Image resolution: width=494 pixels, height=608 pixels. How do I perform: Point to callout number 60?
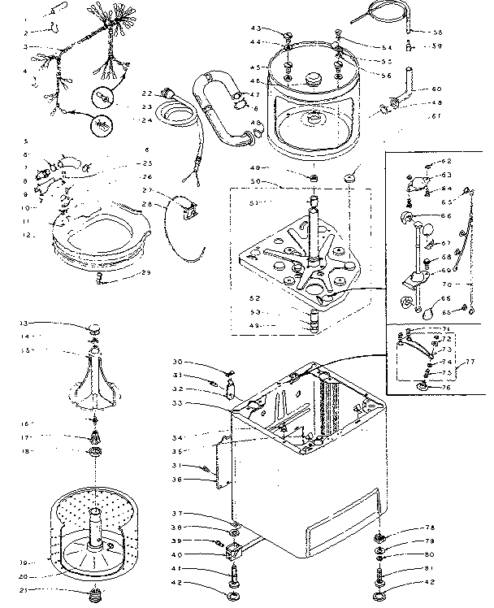click(x=436, y=89)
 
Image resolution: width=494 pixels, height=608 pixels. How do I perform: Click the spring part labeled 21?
click(x=97, y=591)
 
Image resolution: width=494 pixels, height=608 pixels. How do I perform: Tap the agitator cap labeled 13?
click(x=95, y=328)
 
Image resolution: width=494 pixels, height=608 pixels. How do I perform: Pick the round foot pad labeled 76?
click(x=423, y=386)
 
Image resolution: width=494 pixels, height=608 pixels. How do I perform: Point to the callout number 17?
click(x=26, y=438)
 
